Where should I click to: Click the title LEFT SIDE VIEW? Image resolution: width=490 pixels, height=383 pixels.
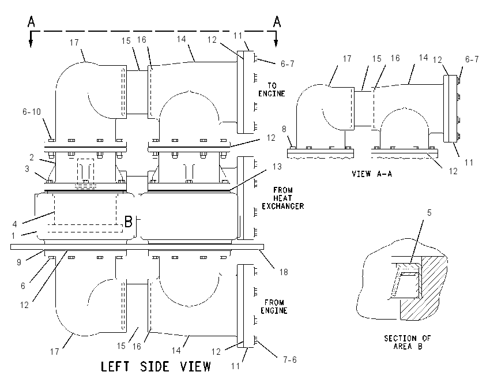point(156,366)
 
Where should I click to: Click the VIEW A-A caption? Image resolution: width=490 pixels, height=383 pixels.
point(372,174)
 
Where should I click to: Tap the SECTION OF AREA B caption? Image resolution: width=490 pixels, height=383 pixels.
point(408,342)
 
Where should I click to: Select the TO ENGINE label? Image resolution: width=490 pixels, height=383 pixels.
point(272,89)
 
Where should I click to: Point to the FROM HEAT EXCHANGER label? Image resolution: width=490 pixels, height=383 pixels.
point(283,198)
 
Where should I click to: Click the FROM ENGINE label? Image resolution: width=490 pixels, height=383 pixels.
point(274,306)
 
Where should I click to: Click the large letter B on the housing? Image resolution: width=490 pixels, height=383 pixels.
point(129,221)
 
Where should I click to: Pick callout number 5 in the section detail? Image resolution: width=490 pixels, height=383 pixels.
point(429,213)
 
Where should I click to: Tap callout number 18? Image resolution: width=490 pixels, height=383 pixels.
point(284,272)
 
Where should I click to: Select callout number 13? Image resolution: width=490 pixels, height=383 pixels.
point(277,166)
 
